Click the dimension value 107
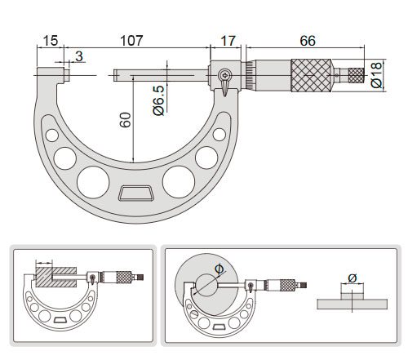click(x=131, y=41)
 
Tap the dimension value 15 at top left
click(x=51, y=41)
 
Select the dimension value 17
click(x=228, y=41)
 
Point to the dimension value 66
click(x=308, y=41)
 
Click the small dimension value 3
click(x=79, y=56)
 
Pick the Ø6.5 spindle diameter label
click(x=158, y=100)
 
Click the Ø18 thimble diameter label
click(x=376, y=75)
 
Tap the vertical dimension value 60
click(x=125, y=120)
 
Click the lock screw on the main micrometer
click(x=225, y=75)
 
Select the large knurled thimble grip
click(x=311, y=75)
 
